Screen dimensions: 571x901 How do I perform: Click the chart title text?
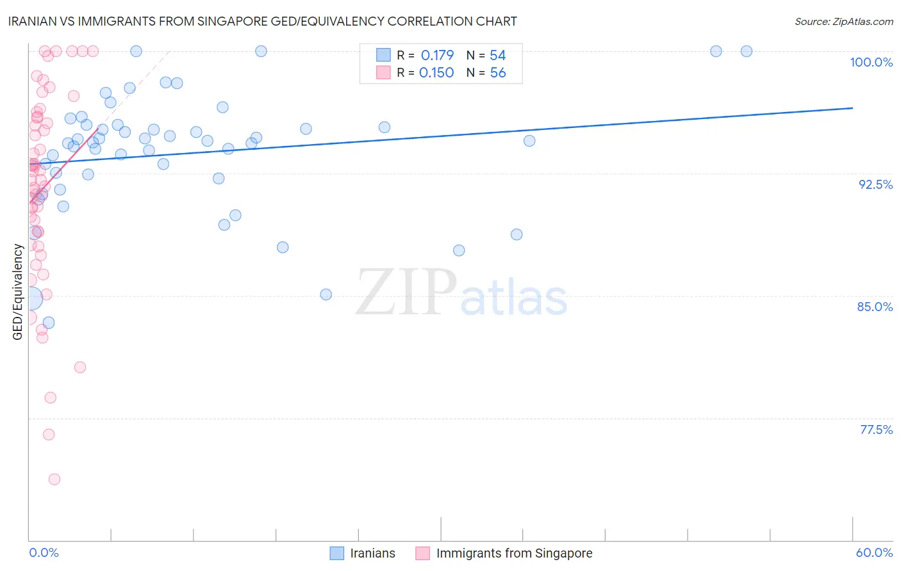pos(263,21)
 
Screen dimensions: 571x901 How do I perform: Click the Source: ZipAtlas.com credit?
pos(843,22)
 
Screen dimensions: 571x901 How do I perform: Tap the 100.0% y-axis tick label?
pos(871,62)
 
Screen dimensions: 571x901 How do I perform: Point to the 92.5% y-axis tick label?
pos(875,184)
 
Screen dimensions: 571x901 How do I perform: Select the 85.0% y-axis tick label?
pos(875,307)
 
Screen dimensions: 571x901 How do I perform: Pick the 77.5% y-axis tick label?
pos(876,430)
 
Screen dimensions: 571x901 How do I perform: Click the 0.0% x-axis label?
pos(44,552)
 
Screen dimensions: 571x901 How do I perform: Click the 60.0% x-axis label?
pos(874,552)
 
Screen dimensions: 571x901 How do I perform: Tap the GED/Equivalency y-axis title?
pos(18,292)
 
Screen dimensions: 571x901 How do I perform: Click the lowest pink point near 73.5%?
pos(54,479)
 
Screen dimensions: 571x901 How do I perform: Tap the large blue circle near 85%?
pos(30,298)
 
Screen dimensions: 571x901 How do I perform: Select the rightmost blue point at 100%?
pos(747,51)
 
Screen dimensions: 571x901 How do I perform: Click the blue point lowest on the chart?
pos(49,323)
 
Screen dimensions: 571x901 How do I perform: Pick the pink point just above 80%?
pos(80,367)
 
